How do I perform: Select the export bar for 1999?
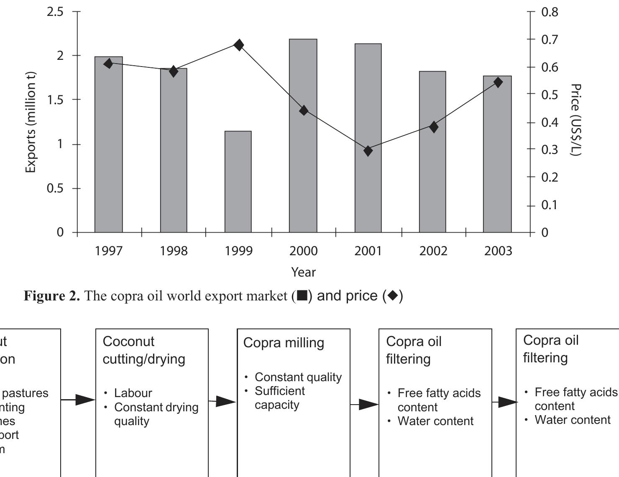tap(238, 182)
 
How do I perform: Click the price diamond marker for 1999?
tap(239, 45)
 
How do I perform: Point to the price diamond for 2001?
tap(368, 151)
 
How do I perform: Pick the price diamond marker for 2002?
tap(434, 127)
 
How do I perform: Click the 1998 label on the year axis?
tap(174, 251)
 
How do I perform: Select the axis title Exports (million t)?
tap(30, 122)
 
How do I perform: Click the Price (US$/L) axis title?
tap(576, 120)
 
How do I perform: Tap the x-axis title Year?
tap(303, 272)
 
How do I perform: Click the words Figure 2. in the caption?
tap(51, 296)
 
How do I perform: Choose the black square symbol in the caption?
tap(302, 296)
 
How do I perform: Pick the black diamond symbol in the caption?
tap(393, 296)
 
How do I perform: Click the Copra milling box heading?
tap(284, 343)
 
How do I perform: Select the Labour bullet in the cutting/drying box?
tap(133, 393)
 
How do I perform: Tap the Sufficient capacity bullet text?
tap(279, 397)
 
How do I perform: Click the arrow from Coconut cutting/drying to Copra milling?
tap(223, 402)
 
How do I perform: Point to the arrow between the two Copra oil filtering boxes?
tap(504, 403)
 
